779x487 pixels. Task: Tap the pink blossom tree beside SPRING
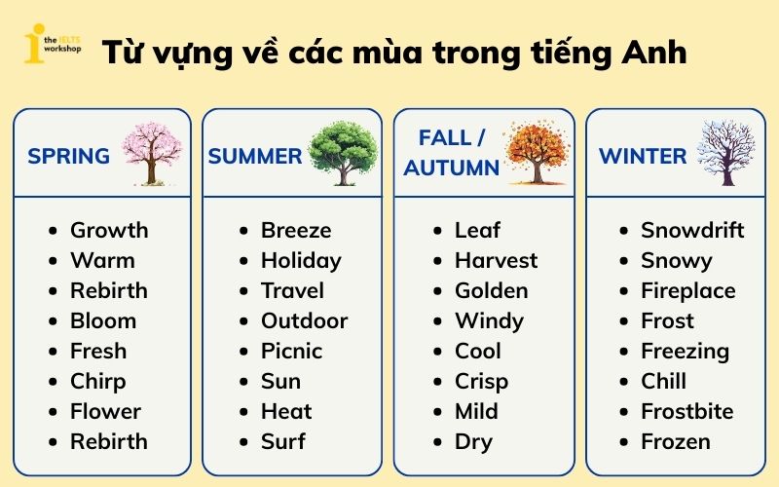[151, 154]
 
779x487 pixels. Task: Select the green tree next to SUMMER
[343, 153]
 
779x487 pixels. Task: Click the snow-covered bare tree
[725, 153]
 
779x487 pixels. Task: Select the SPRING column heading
[68, 156]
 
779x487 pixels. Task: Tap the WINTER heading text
[643, 156]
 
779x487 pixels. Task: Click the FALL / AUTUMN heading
[452, 152]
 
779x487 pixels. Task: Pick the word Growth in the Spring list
[109, 231]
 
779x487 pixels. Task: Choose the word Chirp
[97, 381]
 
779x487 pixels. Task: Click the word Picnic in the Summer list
[291, 351]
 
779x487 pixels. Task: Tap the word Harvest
[496, 261]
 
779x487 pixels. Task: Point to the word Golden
[491, 291]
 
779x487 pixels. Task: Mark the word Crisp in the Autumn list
[481, 381]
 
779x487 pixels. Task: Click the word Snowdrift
[692, 231]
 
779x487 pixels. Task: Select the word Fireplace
[687, 291]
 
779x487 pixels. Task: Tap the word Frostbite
[686, 411]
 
